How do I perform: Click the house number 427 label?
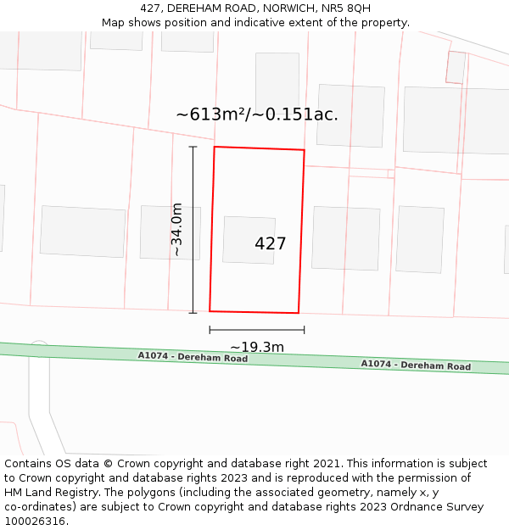(x=270, y=243)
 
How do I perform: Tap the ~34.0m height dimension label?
(x=176, y=229)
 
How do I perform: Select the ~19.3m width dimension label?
(x=256, y=347)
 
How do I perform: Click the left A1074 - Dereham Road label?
(x=193, y=358)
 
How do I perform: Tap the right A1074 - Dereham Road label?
(x=416, y=365)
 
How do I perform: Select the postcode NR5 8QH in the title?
(x=346, y=8)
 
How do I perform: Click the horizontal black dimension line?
(x=256, y=330)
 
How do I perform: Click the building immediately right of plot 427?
(x=345, y=237)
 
